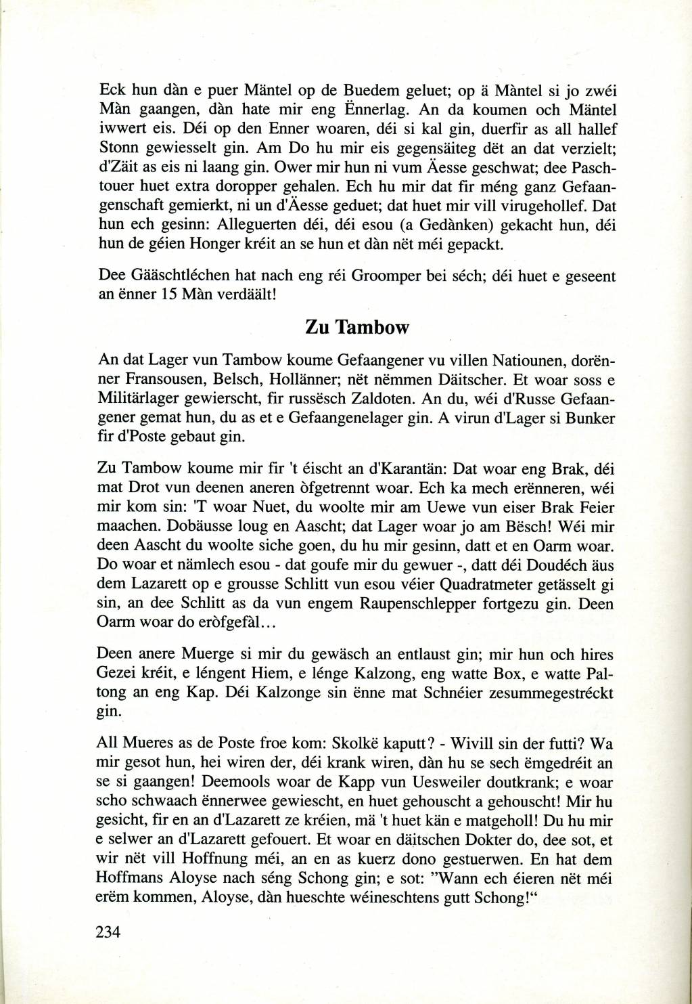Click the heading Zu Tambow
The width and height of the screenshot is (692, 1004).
tap(358, 328)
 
